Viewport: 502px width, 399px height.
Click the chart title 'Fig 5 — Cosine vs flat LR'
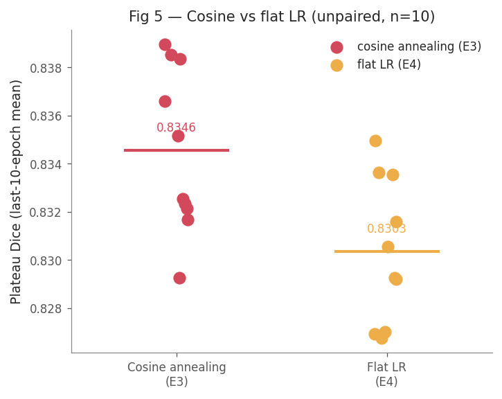pos(217,17)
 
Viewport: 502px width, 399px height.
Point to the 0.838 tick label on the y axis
pos(46,68)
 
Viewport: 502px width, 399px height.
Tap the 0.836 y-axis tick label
pos(46,116)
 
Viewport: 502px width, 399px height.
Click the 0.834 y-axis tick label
pos(46,165)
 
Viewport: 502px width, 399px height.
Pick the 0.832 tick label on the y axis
pos(46,213)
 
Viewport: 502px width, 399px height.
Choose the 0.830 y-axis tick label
pos(46,261)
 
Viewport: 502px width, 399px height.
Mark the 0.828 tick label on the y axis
pos(46,309)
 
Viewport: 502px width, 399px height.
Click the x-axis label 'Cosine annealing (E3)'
pos(177,374)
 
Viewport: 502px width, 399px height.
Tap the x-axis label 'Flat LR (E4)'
pos(387,374)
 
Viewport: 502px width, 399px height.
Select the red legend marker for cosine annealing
pos(337,47)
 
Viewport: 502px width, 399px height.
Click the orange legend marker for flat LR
pos(337,65)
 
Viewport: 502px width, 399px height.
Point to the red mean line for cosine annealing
pos(177,150)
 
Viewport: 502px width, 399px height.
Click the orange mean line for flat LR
pos(387,251)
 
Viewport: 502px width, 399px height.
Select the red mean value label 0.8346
pos(176,127)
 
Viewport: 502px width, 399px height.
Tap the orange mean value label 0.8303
pos(386,229)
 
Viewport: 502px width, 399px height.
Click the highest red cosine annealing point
pos(165,45)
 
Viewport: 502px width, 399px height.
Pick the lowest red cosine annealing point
pos(179,278)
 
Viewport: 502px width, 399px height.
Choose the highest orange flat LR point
pos(375,141)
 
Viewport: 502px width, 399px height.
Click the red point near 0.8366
pos(165,102)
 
